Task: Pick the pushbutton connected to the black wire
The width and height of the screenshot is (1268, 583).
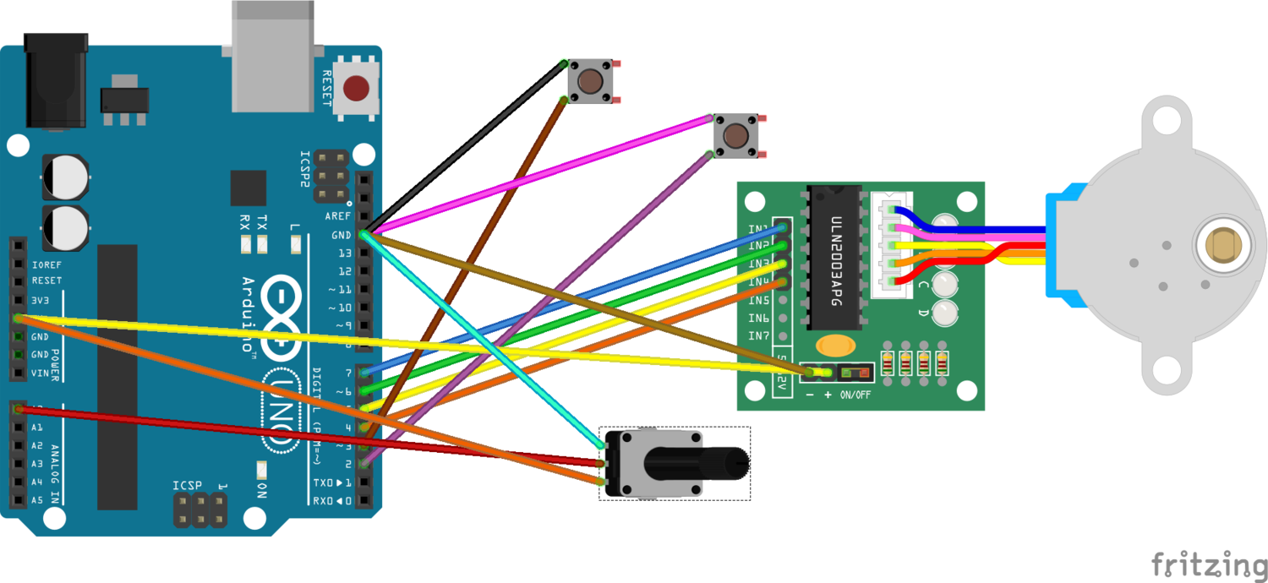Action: (x=590, y=81)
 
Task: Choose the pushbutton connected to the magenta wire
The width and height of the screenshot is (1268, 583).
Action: (x=735, y=136)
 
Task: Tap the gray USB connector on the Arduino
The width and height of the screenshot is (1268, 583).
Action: (x=271, y=55)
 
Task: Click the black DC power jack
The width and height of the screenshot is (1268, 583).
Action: (x=57, y=80)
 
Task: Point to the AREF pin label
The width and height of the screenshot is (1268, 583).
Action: (x=338, y=216)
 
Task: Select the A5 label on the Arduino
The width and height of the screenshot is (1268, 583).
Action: (x=36, y=500)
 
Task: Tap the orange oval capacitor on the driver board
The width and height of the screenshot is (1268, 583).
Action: (x=834, y=346)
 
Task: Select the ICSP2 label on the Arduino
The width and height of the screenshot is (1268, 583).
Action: (x=306, y=172)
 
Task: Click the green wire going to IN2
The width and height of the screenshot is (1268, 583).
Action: (x=575, y=317)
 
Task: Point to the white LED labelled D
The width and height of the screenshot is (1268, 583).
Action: (x=945, y=313)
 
